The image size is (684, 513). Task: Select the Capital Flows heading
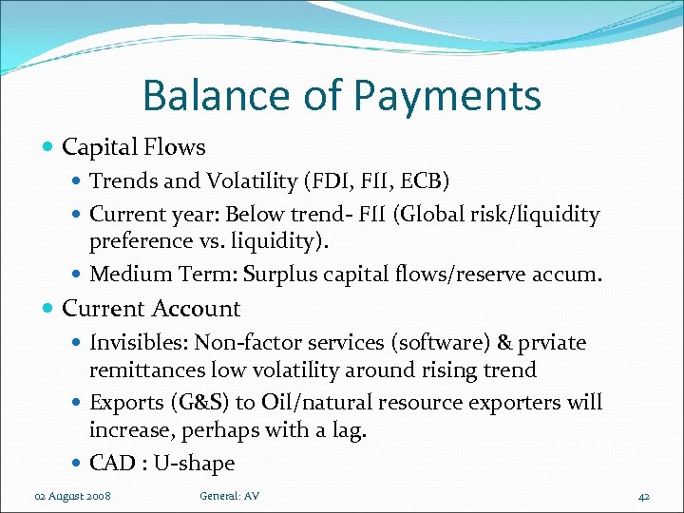click(133, 147)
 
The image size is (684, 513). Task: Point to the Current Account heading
click(151, 309)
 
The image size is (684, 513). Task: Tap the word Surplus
click(284, 275)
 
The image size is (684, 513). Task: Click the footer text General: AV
click(229, 496)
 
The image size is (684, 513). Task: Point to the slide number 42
click(643, 496)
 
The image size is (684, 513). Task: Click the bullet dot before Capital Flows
click(49, 147)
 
